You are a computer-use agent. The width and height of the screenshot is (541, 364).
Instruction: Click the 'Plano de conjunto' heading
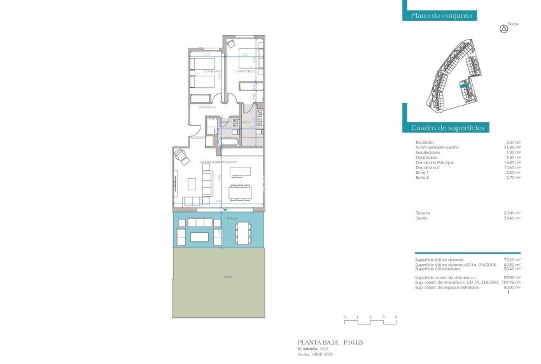440,16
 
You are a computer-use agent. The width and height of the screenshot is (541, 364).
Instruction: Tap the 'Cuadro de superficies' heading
448,128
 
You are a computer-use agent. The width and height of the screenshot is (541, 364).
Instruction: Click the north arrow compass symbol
504,28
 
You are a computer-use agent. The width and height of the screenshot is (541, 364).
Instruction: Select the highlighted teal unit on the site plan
463,83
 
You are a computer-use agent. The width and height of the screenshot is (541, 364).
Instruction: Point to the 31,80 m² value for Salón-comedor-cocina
513,148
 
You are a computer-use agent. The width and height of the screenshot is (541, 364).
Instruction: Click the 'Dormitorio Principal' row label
434,162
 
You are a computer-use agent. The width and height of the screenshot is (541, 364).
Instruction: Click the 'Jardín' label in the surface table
421,218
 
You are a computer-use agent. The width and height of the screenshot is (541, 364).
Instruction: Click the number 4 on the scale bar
396,317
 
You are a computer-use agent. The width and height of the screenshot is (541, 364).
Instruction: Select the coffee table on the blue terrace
199,237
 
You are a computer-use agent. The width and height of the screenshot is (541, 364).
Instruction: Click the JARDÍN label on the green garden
218,277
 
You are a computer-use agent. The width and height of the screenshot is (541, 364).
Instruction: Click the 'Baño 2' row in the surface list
423,178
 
